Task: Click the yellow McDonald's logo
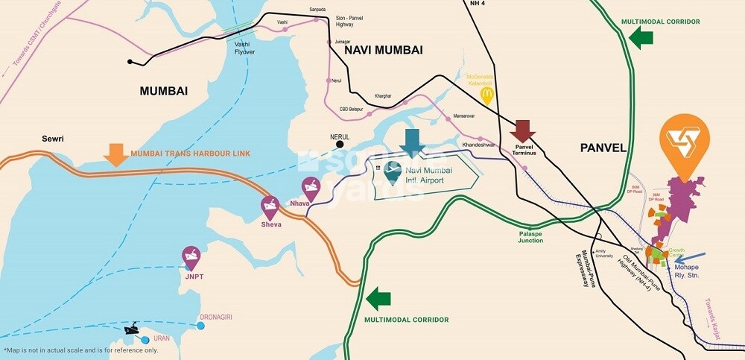487,95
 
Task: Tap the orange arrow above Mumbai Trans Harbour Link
115,154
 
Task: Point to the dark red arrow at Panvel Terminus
523,130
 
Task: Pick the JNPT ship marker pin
191,258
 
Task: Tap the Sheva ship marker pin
270,207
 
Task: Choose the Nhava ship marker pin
310,188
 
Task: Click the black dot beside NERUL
339,145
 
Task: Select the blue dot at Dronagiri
202,324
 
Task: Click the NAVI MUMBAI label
384,50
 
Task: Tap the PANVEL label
603,148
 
